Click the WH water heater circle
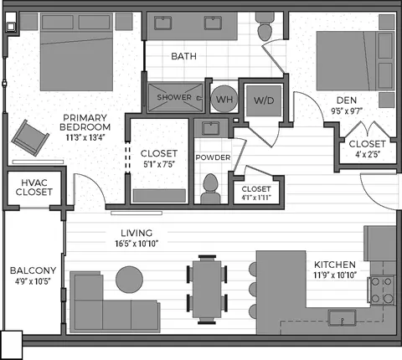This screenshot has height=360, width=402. tap(224, 99)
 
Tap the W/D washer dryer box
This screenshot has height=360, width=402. tap(264, 100)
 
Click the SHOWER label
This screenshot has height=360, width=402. tap(174, 97)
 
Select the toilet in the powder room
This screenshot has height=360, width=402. tap(210, 189)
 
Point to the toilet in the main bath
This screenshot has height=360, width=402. tap(265, 27)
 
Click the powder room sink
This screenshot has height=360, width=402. tap(211, 128)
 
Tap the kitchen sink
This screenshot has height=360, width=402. tap(343, 317)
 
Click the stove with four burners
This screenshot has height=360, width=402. tap(382, 291)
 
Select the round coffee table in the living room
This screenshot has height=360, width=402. tap(129, 280)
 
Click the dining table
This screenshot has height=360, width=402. tap(207, 289)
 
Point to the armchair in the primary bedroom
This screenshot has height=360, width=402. tap(30, 138)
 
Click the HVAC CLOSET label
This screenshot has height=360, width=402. tap(33, 188)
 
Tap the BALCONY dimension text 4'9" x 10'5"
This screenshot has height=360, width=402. tap(33, 281)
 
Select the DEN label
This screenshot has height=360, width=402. tap(347, 100)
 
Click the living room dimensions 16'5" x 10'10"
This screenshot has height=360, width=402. tap(137, 244)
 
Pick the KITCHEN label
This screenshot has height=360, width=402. tap(335, 265)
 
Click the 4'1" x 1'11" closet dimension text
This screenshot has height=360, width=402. tap(256, 198)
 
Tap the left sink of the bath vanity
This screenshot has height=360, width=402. tap(162, 23)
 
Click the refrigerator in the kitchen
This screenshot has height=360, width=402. tap(379, 243)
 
